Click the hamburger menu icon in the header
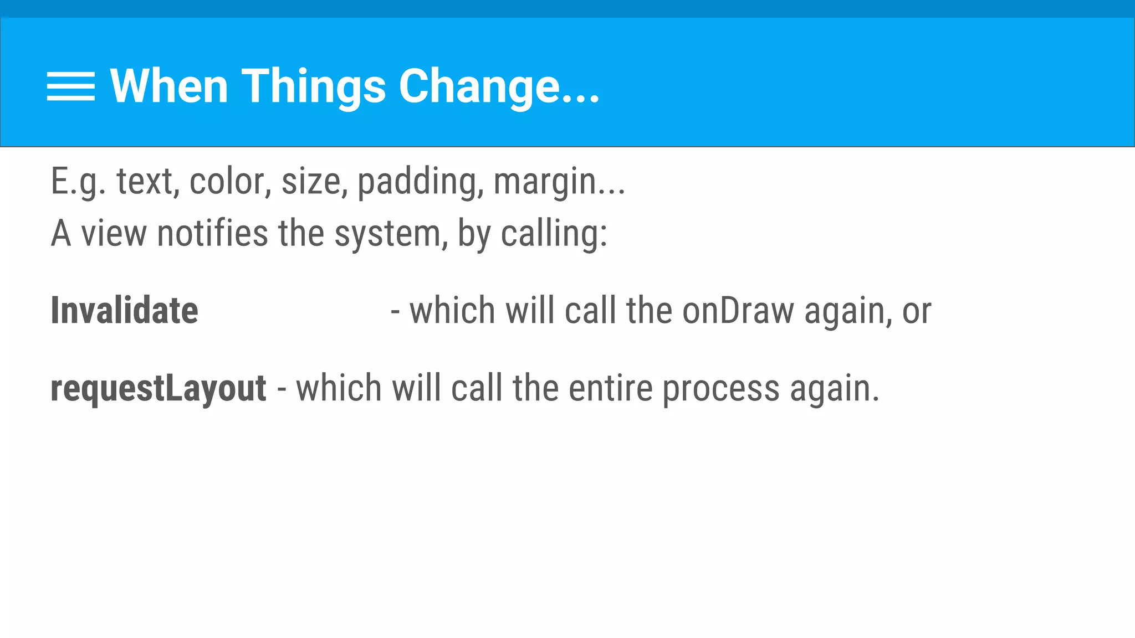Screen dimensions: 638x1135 click(x=71, y=86)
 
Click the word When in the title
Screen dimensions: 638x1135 click(x=169, y=86)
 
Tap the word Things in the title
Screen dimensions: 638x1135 click(x=314, y=87)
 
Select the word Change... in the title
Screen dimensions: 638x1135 click(x=499, y=87)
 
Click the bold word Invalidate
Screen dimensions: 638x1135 click(x=124, y=310)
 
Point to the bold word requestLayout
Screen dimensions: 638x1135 click(x=159, y=388)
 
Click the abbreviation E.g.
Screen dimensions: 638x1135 click(x=78, y=182)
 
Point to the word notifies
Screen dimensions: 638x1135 click(x=212, y=233)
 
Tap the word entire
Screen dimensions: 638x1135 click(x=611, y=388)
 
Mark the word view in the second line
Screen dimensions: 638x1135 click(x=114, y=233)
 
